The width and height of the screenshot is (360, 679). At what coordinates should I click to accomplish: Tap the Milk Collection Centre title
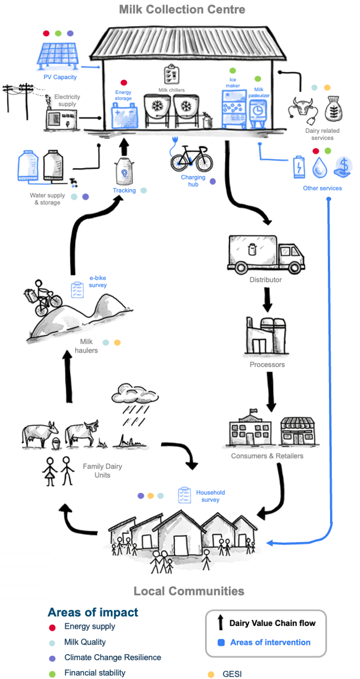pyautogui.click(x=182, y=9)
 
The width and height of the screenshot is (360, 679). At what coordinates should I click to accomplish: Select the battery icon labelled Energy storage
pyautogui.click(x=124, y=116)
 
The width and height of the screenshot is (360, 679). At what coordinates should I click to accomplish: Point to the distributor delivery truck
pyautogui.click(x=265, y=253)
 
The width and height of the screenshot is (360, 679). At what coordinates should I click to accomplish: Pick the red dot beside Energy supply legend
pyautogui.click(x=53, y=627)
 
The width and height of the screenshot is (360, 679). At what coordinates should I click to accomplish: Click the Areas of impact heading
pyautogui.click(x=93, y=612)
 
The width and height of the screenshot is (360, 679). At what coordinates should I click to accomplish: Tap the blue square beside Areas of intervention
pyautogui.click(x=221, y=642)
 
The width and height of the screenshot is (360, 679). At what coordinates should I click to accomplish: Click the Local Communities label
pyautogui.click(x=189, y=591)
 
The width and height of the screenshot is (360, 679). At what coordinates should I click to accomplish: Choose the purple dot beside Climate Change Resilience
pyautogui.click(x=53, y=658)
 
